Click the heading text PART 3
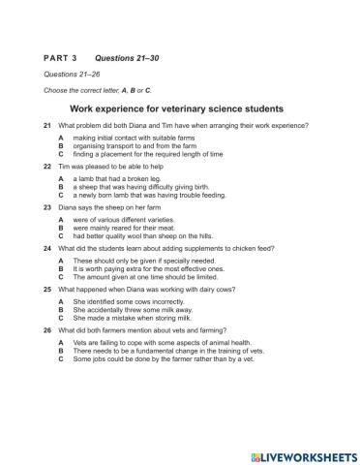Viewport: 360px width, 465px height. click(59, 58)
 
